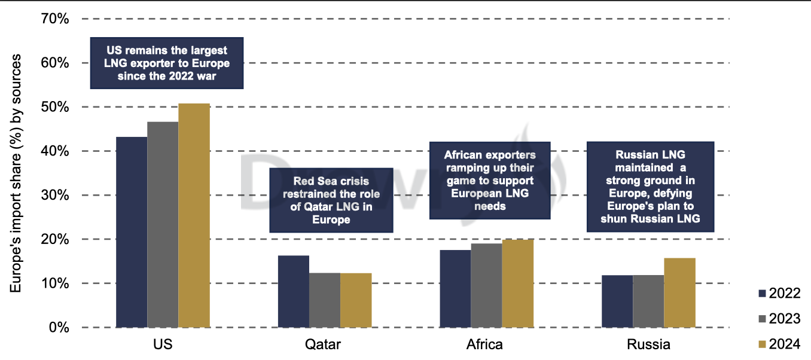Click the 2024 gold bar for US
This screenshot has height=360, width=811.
194,215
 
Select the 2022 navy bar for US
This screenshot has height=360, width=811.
132,232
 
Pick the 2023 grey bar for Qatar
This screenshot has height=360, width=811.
325,300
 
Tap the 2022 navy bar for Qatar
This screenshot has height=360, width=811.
294,292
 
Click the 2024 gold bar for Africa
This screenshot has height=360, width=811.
518,283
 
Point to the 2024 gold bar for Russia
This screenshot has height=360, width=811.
679,293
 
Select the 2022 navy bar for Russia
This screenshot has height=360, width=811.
617,301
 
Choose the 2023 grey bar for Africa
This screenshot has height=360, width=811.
487,286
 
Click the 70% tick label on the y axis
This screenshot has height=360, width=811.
54,19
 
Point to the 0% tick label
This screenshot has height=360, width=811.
59,327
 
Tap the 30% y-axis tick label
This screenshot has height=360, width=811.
54,195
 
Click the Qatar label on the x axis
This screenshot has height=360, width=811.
323,344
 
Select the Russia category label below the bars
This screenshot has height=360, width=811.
648,344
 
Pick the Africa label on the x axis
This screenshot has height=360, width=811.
484,344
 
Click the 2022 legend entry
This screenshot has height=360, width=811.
779,294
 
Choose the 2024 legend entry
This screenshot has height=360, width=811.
779,344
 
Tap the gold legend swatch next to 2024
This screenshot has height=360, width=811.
762,344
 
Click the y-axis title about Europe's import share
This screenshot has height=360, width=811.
16,173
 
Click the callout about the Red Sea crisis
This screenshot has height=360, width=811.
331,200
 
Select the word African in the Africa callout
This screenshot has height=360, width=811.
464,155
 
